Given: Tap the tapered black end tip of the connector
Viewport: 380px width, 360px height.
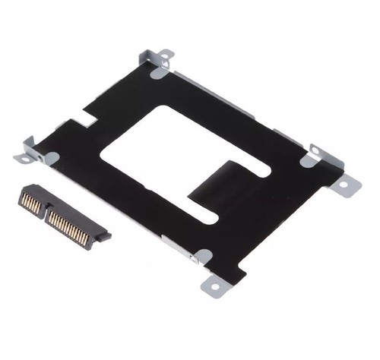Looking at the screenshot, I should pyautogui.click(x=104, y=236).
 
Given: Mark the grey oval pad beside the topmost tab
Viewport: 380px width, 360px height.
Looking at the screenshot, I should pyautogui.click(x=158, y=73).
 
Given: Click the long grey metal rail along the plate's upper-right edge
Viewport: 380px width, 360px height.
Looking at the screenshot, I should pyautogui.click(x=243, y=103).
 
